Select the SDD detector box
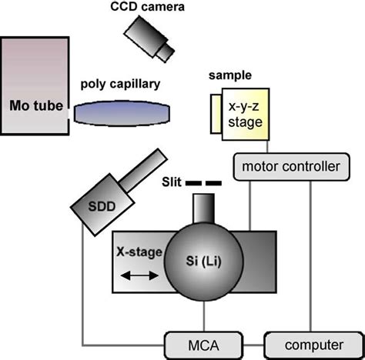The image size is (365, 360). click(93, 205)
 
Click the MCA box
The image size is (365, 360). click(193, 339)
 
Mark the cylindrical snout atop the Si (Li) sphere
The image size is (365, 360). click(203, 206)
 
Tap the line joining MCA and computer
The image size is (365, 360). click(244, 339)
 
